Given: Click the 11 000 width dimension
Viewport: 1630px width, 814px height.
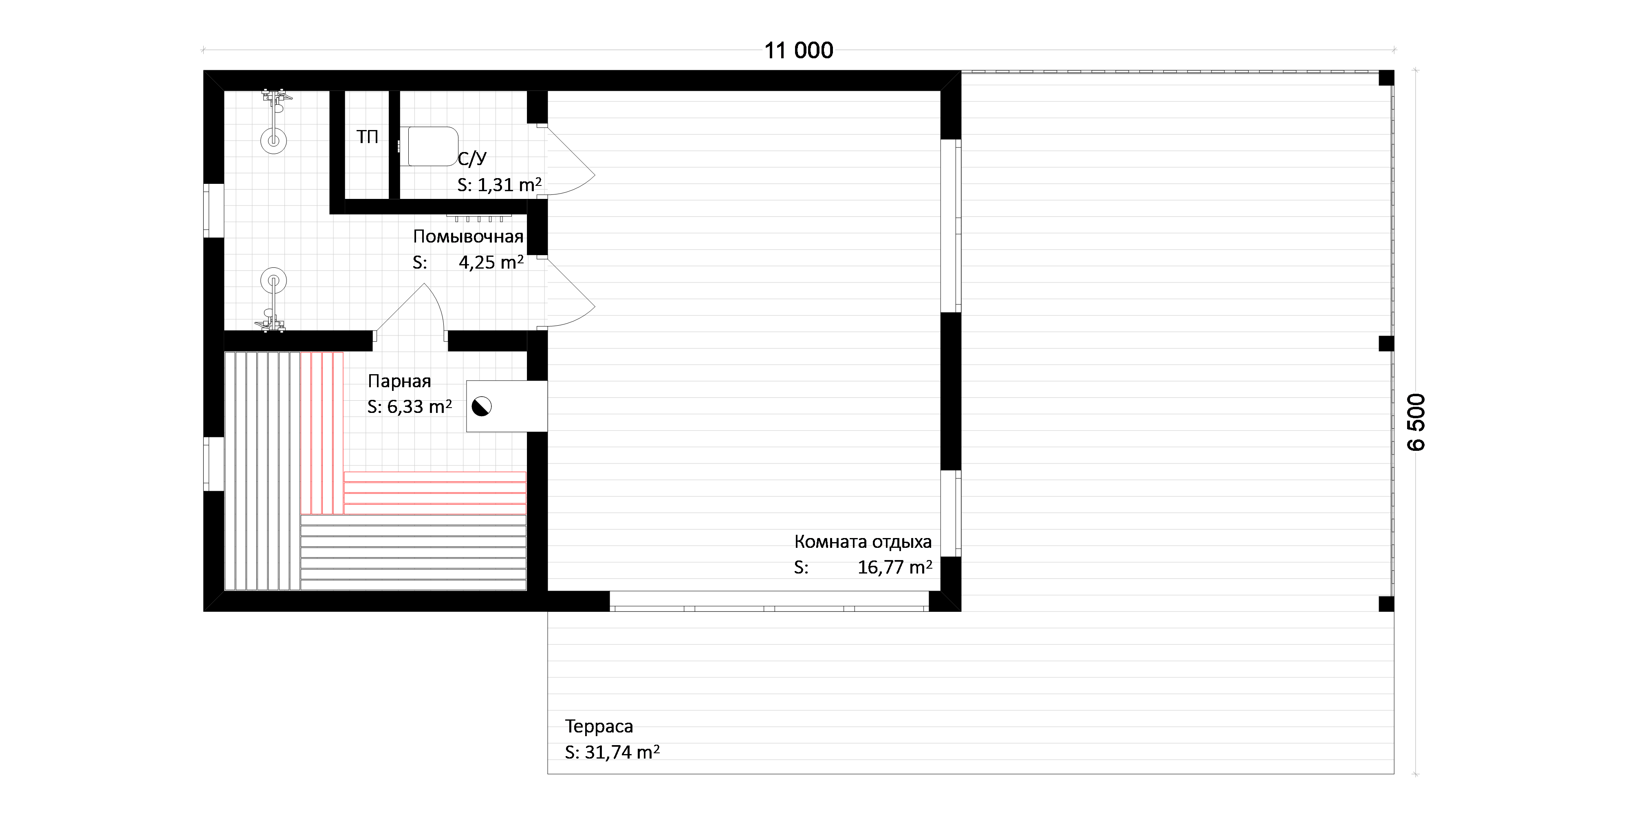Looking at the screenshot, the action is [x=799, y=51].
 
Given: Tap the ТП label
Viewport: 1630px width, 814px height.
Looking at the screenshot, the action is [x=367, y=137].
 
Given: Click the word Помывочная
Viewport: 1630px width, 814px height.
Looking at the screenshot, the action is [x=468, y=237].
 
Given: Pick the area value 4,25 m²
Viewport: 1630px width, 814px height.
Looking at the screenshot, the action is [x=491, y=262].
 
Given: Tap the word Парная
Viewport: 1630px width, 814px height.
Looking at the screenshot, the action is [x=399, y=381].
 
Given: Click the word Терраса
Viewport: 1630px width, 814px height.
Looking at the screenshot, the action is [x=599, y=726].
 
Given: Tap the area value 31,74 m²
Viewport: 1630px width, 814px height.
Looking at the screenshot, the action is [x=622, y=752].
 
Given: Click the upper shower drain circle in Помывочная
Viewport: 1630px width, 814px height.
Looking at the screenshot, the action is [x=273, y=141].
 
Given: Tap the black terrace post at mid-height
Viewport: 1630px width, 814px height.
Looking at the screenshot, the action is [x=1386, y=344].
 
